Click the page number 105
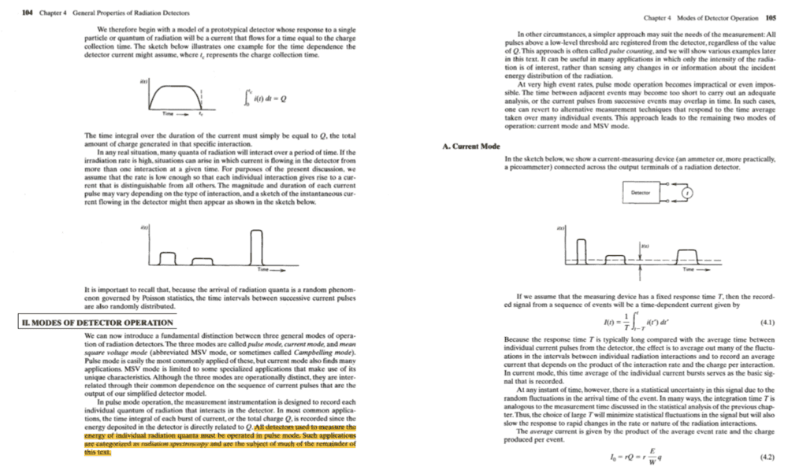[x=771, y=17]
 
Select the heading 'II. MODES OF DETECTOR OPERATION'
[x=96, y=324]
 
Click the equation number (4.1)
[x=764, y=321]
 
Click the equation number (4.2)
[x=764, y=456]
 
